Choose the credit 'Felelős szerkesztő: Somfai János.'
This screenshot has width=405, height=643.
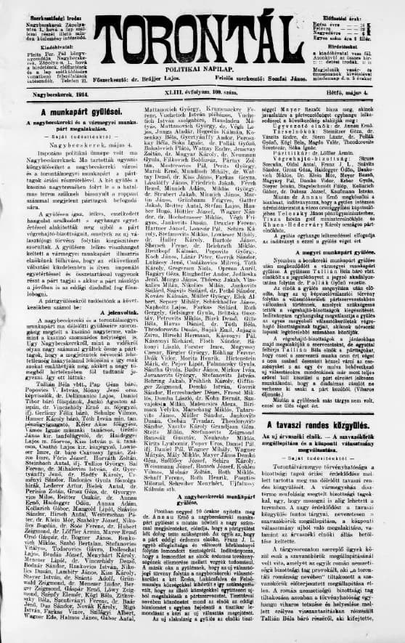pos(262,84)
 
